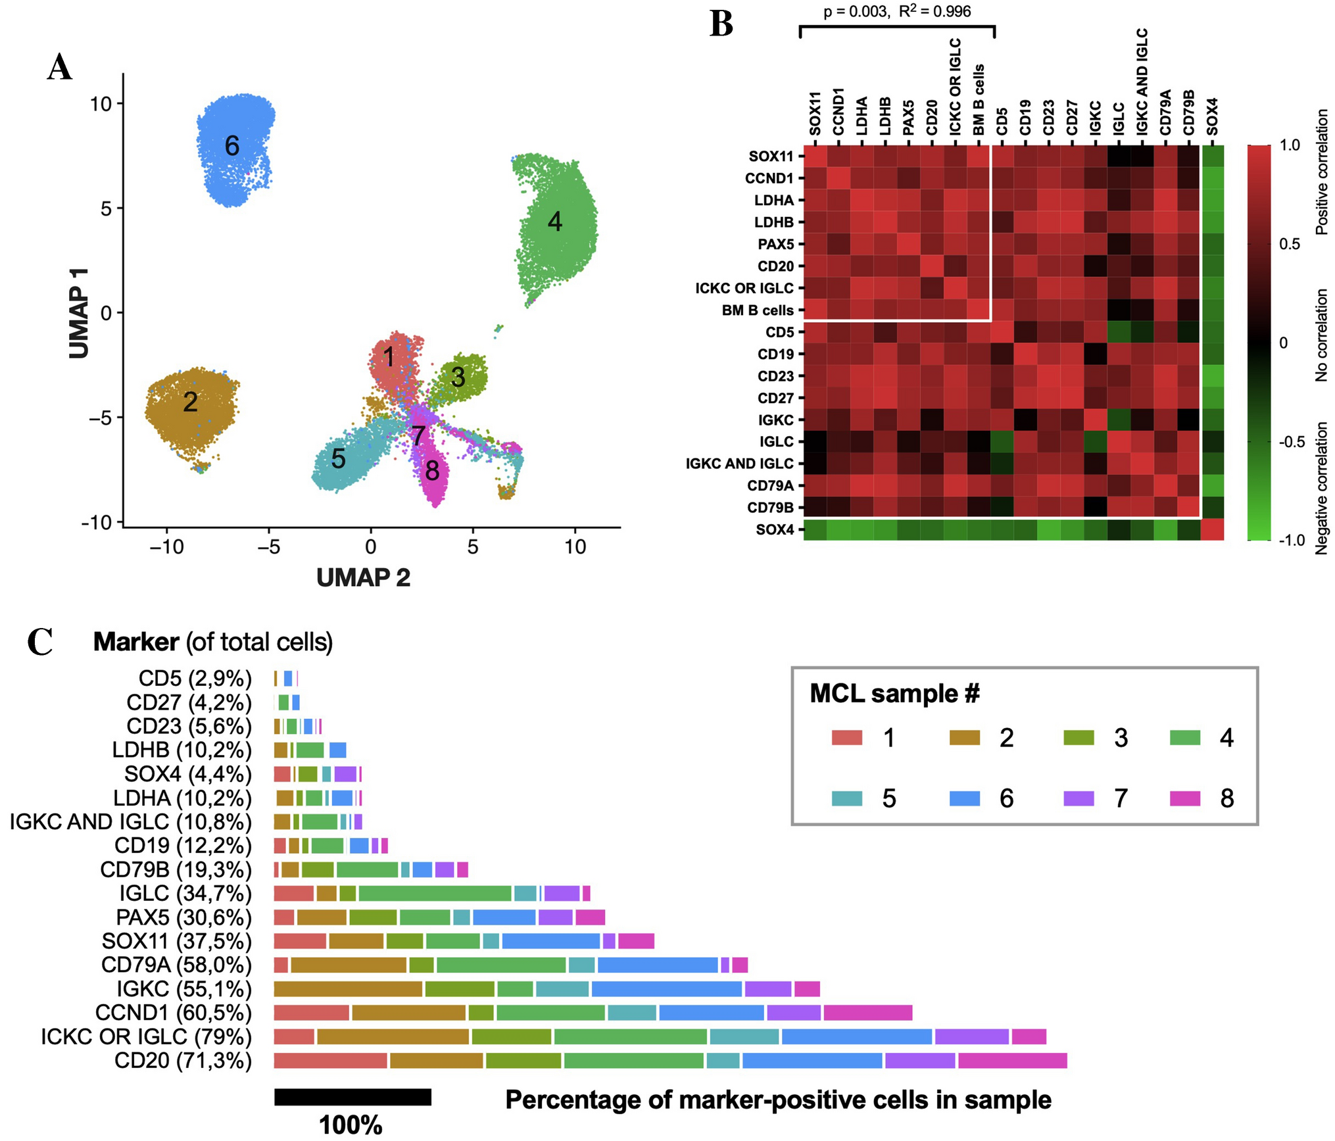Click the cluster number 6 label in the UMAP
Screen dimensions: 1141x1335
click(231, 145)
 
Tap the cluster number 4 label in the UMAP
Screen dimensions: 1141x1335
click(555, 222)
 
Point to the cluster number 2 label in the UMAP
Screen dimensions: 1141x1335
click(190, 402)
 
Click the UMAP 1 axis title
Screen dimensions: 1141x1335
click(79, 313)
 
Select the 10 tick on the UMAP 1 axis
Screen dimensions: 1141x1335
click(101, 104)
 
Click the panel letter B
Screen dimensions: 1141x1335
click(721, 24)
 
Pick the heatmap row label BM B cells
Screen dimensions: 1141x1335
click(758, 310)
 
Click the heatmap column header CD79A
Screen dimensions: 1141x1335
click(1165, 112)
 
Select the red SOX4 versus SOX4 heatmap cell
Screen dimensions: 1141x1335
click(1212, 529)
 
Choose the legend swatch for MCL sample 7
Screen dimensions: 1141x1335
click(1079, 798)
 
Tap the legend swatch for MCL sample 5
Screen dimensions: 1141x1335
click(846, 798)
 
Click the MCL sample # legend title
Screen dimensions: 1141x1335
click(894, 693)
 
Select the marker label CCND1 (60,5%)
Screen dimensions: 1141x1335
click(174, 1012)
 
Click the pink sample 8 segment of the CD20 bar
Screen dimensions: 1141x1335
click(1012, 1060)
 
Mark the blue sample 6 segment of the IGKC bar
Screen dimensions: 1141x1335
click(666, 988)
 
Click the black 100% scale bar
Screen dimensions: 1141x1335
click(352, 1097)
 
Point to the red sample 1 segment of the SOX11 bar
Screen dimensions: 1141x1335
click(300, 940)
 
